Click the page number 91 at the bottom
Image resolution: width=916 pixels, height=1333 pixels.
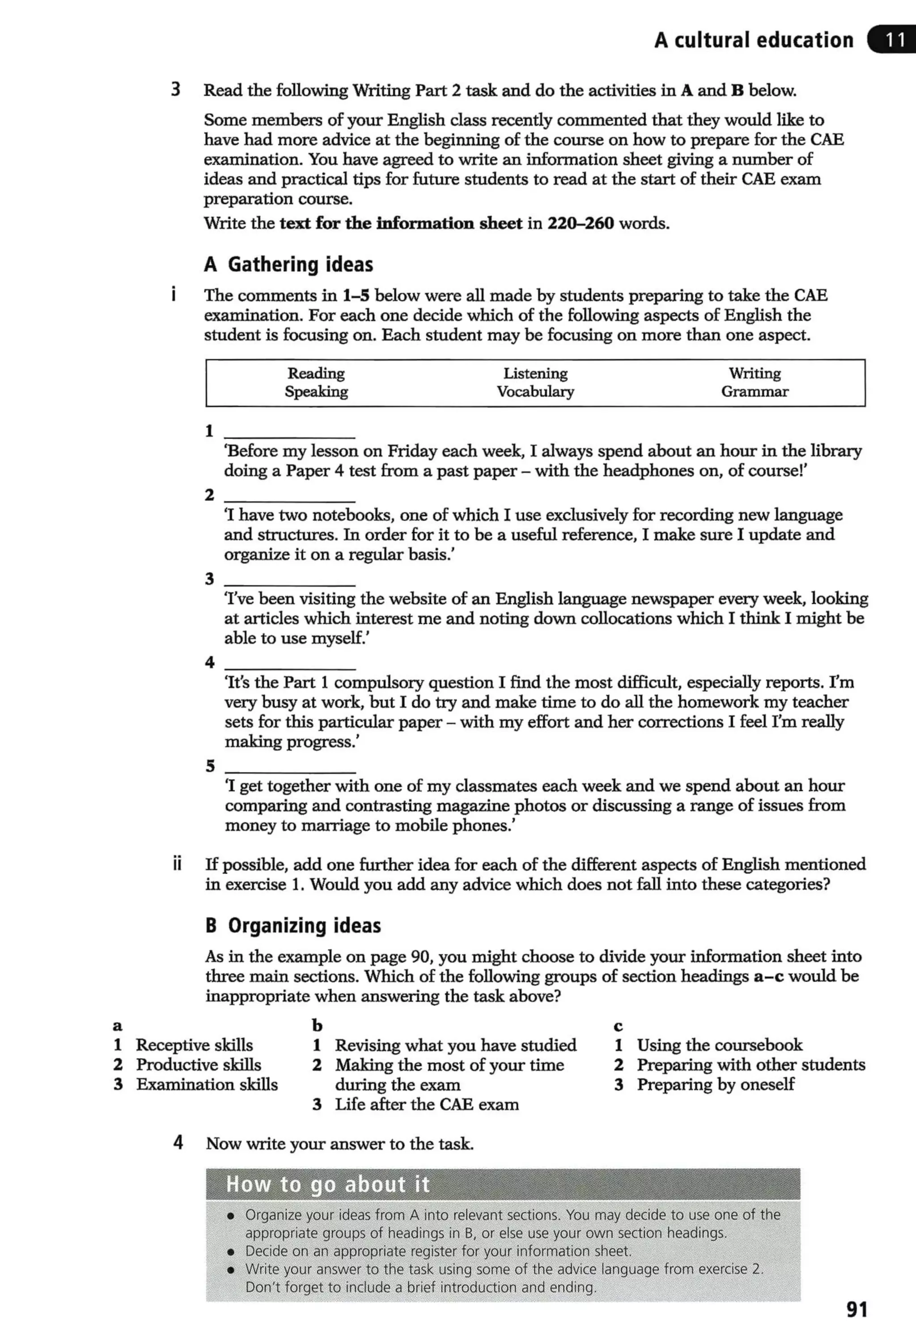[x=857, y=1309]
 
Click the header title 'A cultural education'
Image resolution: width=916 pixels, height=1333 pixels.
[x=754, y=40]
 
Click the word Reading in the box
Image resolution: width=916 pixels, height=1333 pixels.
[x=316, y=374]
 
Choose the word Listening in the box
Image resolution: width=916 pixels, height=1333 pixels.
[x=535, y=374]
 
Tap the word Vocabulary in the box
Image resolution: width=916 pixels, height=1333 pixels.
[x=535, y=392]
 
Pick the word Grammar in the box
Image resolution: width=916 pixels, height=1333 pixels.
[x=754, y=392]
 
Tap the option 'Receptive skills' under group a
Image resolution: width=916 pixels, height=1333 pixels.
[x=194, y=1045]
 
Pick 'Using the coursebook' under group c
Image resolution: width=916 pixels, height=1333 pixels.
[x=719, y=1045]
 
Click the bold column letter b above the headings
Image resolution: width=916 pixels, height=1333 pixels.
[x=317, y=1025]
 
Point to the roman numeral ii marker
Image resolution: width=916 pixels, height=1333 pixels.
[x=178, y=864]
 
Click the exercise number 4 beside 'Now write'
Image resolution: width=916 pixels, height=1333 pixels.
[x=178, y=1142]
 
